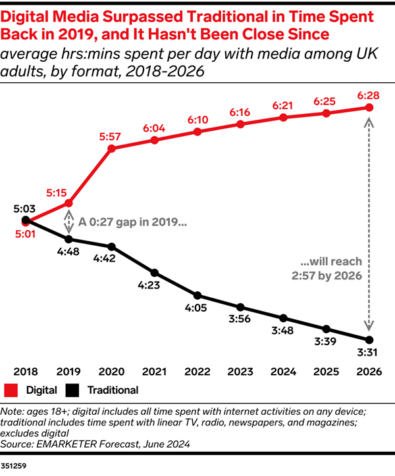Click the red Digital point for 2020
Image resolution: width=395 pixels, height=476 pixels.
click(112, 148)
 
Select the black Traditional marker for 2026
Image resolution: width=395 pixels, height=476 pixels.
click(369, 340)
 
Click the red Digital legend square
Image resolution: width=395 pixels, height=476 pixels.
click(11, 390)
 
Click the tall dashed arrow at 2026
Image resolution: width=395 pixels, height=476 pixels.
click(369, 224)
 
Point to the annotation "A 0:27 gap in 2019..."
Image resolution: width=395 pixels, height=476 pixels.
click(132, 222)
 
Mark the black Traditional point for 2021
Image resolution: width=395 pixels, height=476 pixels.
click(155, 272)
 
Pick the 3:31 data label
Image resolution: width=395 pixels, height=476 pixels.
click(369, 352)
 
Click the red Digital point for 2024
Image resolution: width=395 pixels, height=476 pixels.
click(283, 117)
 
